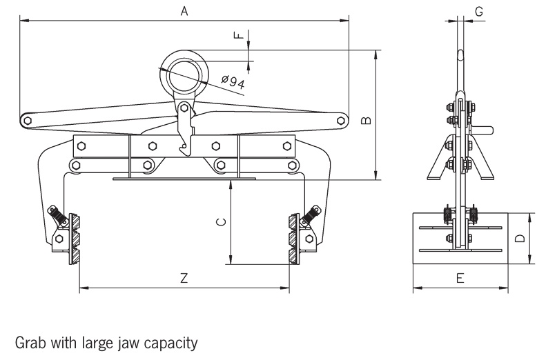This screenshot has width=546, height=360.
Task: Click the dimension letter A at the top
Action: pos(184,10)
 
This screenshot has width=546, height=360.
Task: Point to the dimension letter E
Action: pos(460,278)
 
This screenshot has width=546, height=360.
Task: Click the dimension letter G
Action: pos(479,10)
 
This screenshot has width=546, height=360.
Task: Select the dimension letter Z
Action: pos(184,278)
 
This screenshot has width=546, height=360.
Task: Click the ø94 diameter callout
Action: pos(233,82)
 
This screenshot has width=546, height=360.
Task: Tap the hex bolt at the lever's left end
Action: pos(27,121)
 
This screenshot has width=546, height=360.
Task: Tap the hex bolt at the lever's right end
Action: pos(340,121)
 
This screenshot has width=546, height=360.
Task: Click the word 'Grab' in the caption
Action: pos(29,341)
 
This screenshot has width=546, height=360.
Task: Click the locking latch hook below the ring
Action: pos(184,128)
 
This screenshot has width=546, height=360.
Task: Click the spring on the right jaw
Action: pos(309,216)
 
